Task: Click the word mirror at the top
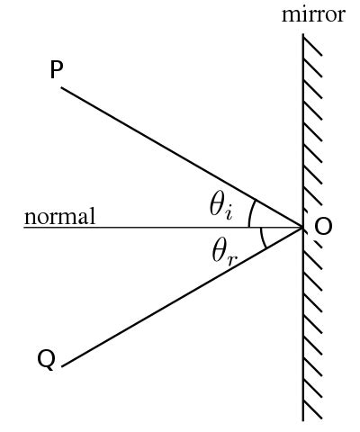(x=313, y=14)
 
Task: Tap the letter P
(x=57, y=70)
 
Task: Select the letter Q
(x=47, y=359)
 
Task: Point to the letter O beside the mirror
(x=323, y=226)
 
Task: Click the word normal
(x=59, y=216)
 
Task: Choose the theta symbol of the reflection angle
(x=219, y=251)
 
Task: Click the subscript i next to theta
(x=229, y=214)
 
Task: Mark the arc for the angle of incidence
(x=250, y=213)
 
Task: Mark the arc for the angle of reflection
(x=262, y=238)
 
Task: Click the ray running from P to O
(x=182, y=157)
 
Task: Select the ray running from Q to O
(x=182, y=296)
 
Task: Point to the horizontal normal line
(x=164, y=228)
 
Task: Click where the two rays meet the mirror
(x=303, y=228)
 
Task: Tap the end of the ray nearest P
(x=61, y=87)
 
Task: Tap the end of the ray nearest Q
(x=62, y=366)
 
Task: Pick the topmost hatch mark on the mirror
(x=312, y=46)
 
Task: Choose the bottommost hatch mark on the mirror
(x=312, y=409)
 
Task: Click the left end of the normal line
(x=24, y=228)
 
